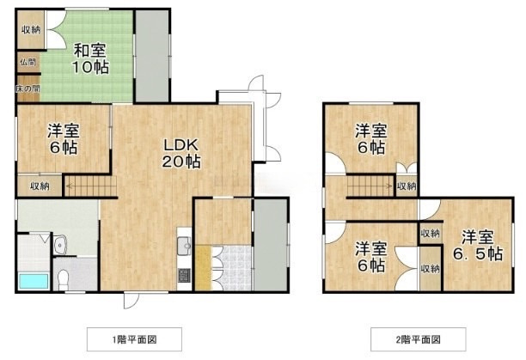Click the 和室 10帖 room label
pyautogui.click(x=90, y=58)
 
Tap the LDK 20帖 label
pyautogui.click(x=181, y=154)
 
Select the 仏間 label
pyautogui.click(x=28, y=63)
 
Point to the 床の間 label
pyautogui.click(x=28, y=88)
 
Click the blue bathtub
pyautogui.click(x=34, y=281)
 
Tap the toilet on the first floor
pyautogui.click(x=63, y=279)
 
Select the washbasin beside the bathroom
pyautogui.click(x=60, y=245)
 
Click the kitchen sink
pyautogui.click(x=184, y=247)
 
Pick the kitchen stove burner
pyautogui.click(x=184, y=276)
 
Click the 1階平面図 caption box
pyautogui.click(x=135, y=339)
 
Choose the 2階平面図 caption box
pyautogui.click(x=419, y=339)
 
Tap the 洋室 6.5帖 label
pyautogui.click(x=478, y=246)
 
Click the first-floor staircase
pyautogui.click(x=90, y=186)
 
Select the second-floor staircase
pyautogui.click(x=370, y=186)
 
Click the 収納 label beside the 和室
pyautogui.click(x=31, y=30)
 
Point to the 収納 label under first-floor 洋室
pyautogui.click(x=40, y=186)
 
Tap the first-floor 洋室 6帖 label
pyautogui.click(x=64, y=139)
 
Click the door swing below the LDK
pyautogui.click(x=131, y=300)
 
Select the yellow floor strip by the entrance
pyautogui.click(x=203, y=268)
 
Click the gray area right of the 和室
pyautogui.click(x=152, y=56)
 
